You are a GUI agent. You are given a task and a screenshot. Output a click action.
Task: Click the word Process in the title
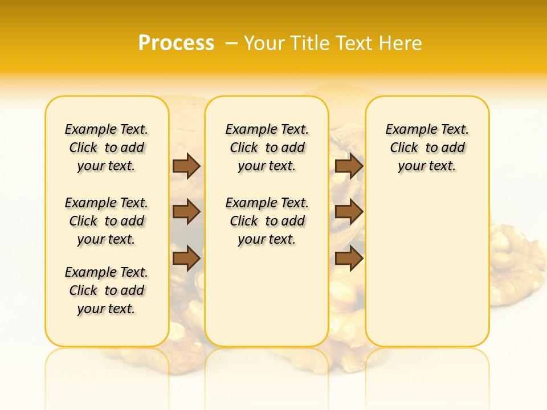click(176, 43)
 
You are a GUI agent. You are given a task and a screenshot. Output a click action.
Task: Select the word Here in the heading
click(402, 43)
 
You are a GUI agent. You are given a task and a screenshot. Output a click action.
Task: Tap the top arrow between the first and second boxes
click(186, 166)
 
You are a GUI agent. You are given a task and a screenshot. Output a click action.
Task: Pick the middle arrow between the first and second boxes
click(186, 212)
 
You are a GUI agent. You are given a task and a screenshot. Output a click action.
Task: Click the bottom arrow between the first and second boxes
click(186, 258)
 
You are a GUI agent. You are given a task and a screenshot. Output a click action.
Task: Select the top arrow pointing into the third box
click(349, 166)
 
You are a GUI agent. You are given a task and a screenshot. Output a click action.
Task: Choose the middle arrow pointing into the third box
click(349, 212)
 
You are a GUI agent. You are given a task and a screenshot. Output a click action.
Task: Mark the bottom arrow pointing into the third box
click(349, 258)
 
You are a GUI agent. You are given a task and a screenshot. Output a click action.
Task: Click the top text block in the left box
click(107, 147)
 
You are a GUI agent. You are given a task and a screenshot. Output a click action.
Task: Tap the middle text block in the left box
click(107, 221)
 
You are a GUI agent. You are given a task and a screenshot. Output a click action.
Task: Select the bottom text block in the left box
click(107, 290)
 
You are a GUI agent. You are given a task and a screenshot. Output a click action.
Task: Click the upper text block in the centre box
click(267, 147)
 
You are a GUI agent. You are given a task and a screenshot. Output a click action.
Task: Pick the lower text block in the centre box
click(267, 221)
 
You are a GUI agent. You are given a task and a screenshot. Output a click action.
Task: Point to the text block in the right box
click(427, 147)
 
